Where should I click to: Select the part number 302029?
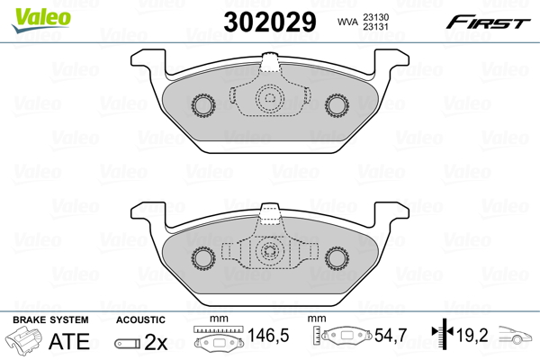(x=272, y=21)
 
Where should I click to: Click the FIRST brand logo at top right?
(x=495, y=20)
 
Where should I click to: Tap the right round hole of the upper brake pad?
(x=338, y=105)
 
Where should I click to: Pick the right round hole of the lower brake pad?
(x=338, y=258)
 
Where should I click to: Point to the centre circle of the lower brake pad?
(x=269, y=254)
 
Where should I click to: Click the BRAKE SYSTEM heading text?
(x=49, y=319)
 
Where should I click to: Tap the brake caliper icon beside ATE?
(x=27, y=342)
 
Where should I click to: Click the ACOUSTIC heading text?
(x=141, y=319)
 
